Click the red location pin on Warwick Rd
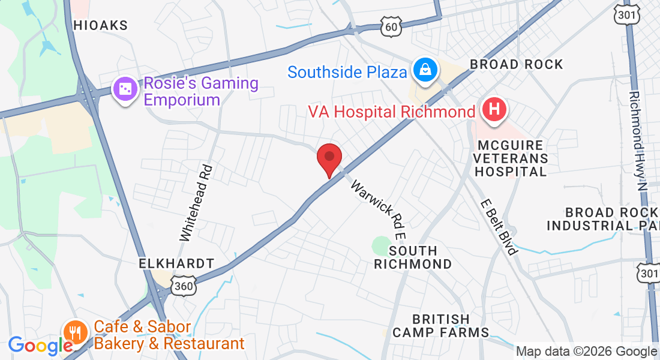329,159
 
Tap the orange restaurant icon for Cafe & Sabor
75,332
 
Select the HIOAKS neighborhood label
100,25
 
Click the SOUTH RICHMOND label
413,257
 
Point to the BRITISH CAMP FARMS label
441,325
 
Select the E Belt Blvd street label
499,227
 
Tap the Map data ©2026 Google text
586,351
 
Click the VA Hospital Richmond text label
392,112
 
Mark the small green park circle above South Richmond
382,245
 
